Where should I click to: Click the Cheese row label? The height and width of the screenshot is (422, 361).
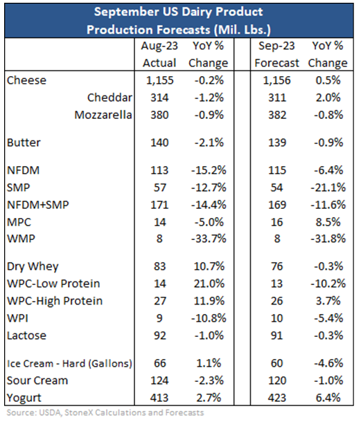(26, 80)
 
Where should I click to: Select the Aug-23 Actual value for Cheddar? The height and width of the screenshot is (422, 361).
(159, 98)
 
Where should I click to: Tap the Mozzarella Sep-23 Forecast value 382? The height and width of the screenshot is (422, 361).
(277, 115)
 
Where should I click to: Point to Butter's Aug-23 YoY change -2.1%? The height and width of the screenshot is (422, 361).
(209, 143)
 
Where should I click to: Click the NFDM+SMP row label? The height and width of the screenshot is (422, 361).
(38, 205)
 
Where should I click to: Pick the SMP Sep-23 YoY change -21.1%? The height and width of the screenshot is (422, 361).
(328, 187)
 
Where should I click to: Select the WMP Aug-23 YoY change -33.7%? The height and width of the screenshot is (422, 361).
(209, 239)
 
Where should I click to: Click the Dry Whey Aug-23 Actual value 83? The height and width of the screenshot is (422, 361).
(159, 266)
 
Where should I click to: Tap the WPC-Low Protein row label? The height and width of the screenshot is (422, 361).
(53, 284)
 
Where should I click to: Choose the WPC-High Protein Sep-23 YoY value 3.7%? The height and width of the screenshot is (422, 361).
(328, 301)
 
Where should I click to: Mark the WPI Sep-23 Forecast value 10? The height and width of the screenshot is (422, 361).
(277, 318)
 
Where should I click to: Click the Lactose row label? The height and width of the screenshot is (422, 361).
(26, 336)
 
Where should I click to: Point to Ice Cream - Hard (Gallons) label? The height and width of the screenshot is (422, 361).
(69, 363)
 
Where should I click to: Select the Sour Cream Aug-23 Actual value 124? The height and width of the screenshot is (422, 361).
(159, 380)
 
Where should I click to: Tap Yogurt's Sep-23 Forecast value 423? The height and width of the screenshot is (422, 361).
(277, 398)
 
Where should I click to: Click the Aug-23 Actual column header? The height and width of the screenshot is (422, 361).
(159, 55)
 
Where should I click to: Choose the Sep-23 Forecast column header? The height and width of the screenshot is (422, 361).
(277, 55)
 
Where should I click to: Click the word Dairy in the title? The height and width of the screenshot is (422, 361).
(197, 12)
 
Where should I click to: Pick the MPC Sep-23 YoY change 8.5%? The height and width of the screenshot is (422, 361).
(328, 222)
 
